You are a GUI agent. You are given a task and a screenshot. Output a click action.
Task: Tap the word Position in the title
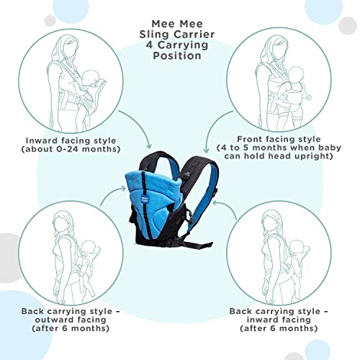177,55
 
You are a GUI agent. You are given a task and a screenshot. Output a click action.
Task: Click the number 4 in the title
149,45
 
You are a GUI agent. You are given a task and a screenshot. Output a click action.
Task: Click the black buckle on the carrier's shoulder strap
187,176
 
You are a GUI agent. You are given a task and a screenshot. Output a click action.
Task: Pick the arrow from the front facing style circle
212,127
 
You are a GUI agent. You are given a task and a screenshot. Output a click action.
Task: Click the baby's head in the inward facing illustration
92,77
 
